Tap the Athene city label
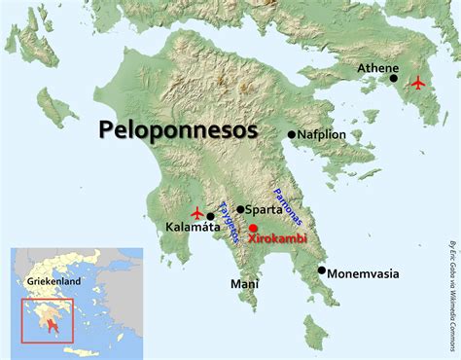377,68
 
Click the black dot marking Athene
393,79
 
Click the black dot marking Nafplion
291,134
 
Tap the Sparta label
265,208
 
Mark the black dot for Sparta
240,209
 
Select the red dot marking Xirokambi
253,227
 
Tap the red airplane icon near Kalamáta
197,212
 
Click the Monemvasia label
363,273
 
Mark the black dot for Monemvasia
321,270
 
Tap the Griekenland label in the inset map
54,281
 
